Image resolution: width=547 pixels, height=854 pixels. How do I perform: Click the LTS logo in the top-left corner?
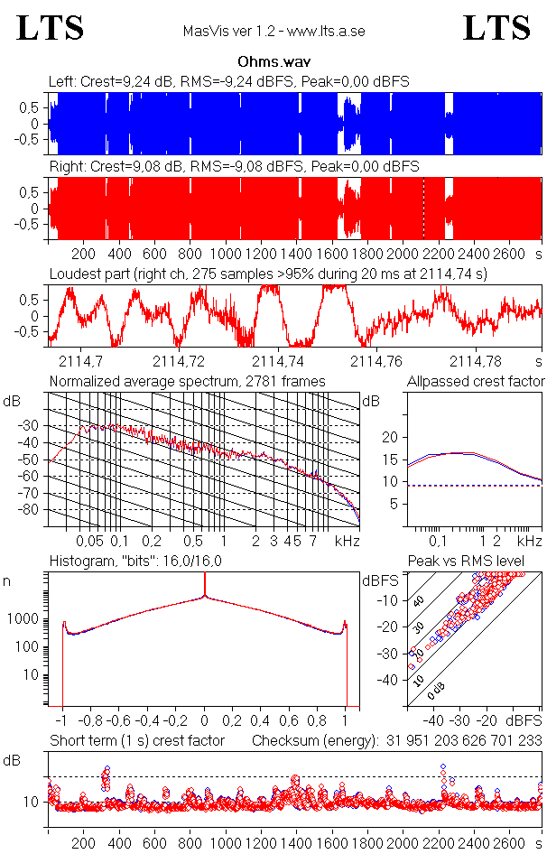pyautogui.click(x=51, y=29)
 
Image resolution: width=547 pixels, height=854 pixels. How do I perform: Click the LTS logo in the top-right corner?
pyautogui.click(x=496, y=29)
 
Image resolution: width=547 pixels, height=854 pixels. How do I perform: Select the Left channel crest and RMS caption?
pyautogui.click(x=229, y=82)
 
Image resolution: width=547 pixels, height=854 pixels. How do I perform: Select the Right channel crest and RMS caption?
pyautogui.click(x=233, y=167)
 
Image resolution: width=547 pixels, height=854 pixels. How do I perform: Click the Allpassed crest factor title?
pyautogui.click(x=476, y=382)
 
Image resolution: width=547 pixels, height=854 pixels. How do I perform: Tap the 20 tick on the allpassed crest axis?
pyautogui.click(x=391, y=437)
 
